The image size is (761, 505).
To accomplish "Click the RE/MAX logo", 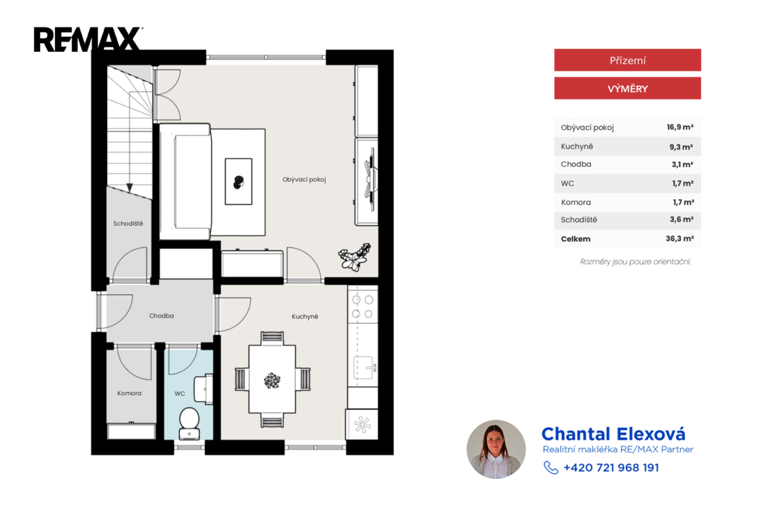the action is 88,39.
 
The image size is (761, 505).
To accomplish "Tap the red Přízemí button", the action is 627,60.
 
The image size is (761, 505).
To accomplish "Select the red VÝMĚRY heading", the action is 627,88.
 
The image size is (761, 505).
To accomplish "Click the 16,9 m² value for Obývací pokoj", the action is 680,127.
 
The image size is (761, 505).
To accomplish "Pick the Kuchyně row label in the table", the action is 577,146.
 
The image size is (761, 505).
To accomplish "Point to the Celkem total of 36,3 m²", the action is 679,238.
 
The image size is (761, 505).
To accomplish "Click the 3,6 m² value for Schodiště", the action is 681,219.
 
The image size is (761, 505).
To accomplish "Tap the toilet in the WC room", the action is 190,423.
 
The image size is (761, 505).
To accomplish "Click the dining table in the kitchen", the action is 272,379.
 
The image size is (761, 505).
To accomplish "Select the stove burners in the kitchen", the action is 363,307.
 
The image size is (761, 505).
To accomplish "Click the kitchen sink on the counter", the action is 364,368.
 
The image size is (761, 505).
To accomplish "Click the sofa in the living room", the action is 186,182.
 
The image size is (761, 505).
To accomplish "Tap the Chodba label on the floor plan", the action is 161,316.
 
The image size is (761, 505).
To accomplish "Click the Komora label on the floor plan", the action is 129,394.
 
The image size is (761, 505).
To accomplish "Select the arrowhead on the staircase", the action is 129,187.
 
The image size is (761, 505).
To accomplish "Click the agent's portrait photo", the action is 496,449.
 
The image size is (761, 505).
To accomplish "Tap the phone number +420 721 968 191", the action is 611,468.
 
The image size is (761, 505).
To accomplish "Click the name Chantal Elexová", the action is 613,434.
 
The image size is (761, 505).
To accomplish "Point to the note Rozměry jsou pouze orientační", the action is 635,262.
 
